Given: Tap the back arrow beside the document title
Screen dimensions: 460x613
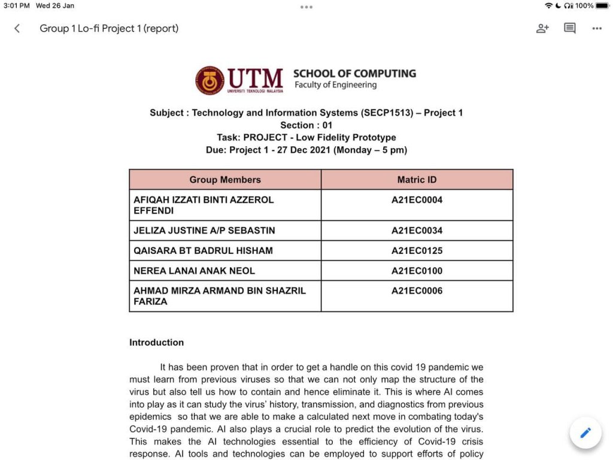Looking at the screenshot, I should click(x=17, y=28).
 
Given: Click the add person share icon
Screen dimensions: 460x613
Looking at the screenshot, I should click(x=542, y=28).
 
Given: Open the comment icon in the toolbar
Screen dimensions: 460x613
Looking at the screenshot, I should click(x=570, y=28).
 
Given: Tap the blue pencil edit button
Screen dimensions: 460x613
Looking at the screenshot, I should click(x=585, y=432).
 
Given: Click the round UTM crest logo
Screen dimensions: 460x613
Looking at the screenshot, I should click(x=210, y=80).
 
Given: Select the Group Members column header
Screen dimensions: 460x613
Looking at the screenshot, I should click(x=225, y=180).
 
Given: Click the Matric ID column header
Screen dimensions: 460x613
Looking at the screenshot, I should click(x=417, y=180).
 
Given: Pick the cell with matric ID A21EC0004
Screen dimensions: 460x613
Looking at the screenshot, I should click(x=417, y=200).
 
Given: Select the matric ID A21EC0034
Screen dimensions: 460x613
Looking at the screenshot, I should click(x=417, y=231).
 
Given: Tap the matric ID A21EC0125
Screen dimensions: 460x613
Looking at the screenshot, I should click(x=417, y=250).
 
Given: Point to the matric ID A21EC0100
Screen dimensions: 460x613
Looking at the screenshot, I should click(x=417, y=271).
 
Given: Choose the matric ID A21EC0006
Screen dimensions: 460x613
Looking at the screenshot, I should click(x=417, y=291).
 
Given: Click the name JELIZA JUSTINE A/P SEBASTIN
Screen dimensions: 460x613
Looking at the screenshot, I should click(x=204, y=231).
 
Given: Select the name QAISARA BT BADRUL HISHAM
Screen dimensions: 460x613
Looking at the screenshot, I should click(x=203, y=250).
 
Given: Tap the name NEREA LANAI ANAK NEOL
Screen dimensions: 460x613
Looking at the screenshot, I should click(x=194, y=271).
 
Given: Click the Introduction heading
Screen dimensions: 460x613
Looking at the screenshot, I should click(x=156, y=343).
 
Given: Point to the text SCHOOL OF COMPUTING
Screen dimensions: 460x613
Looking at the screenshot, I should click(x=354, y=74).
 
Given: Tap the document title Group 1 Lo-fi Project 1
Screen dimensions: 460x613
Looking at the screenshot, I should click(x=109, y=28).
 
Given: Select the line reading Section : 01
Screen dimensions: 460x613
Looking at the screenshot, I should click(x=306, y=125).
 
